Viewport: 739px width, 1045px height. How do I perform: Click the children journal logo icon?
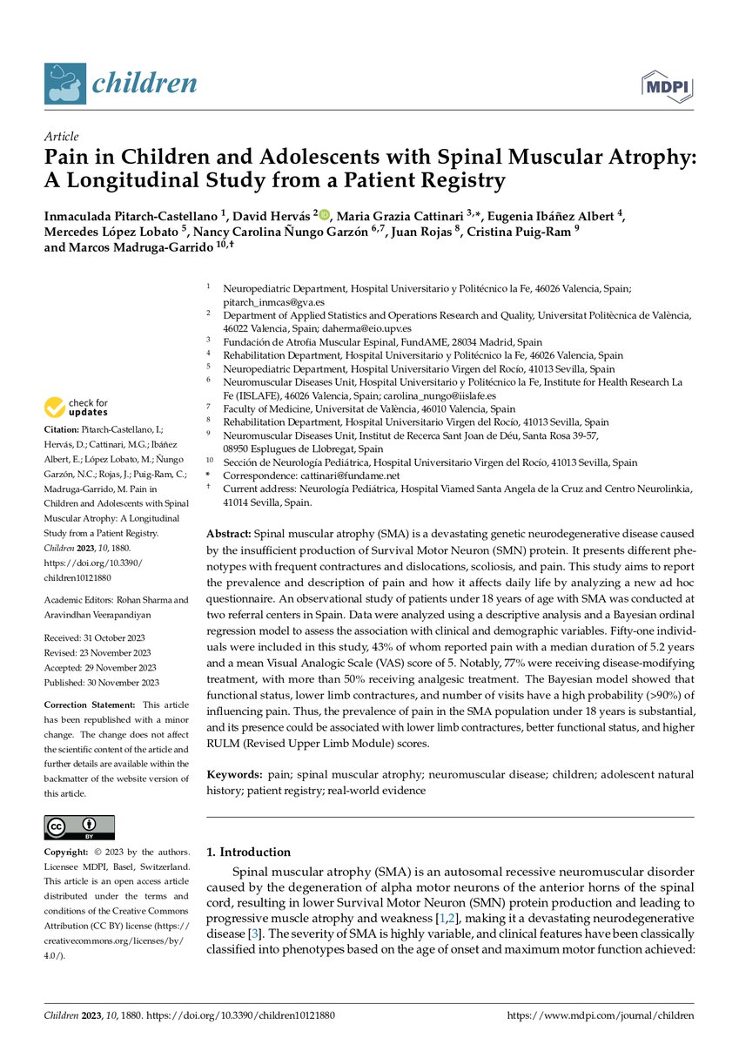point(65,84)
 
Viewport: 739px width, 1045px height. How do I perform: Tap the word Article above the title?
point(61,137)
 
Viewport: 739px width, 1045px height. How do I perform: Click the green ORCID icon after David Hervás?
point(325,215)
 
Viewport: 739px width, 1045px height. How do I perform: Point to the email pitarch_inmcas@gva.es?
point(273,300)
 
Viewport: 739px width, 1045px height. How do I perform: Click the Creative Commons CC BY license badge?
point(79,827)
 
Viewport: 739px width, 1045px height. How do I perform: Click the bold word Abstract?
point(229,532)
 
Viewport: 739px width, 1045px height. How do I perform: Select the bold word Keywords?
point(233,774)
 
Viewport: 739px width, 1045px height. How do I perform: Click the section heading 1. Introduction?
point(248,852)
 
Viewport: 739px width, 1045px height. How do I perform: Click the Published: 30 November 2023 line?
point(100,683)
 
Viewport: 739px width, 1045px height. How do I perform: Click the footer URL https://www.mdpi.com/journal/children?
point(600,1015)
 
